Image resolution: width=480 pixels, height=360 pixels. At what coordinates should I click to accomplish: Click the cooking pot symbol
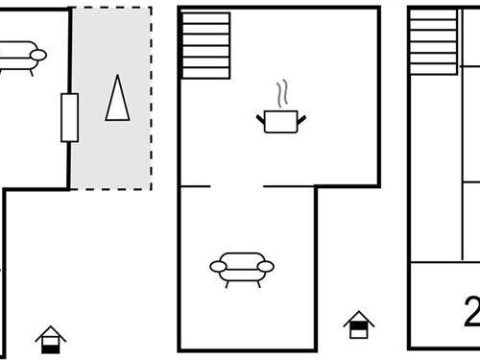coord(281,121)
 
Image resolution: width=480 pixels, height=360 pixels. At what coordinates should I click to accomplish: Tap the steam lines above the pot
coord(281,96)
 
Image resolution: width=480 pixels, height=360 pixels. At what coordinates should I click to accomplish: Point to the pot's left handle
coord(260,118)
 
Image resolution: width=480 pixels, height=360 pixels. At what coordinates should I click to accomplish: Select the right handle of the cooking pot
coord(302,118)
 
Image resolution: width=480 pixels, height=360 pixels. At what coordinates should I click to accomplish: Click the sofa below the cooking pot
coord(241,266)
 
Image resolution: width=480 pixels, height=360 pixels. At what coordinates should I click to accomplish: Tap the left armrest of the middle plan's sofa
coord(216,266)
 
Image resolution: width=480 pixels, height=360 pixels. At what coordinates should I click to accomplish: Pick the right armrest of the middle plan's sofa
coord(267,266)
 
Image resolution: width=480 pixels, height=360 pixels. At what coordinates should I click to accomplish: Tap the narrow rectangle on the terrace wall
coord(69,117)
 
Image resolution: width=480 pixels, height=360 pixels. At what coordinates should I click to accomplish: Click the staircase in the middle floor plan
coord(205,45)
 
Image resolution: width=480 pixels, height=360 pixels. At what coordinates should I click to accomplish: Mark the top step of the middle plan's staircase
coord(205,17)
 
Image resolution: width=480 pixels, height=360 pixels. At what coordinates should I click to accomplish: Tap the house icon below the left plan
coord(50,339)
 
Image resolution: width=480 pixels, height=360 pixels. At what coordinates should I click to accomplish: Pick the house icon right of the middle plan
coord(358,324)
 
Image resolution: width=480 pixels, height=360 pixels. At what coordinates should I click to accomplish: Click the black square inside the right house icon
coord(358,330)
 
